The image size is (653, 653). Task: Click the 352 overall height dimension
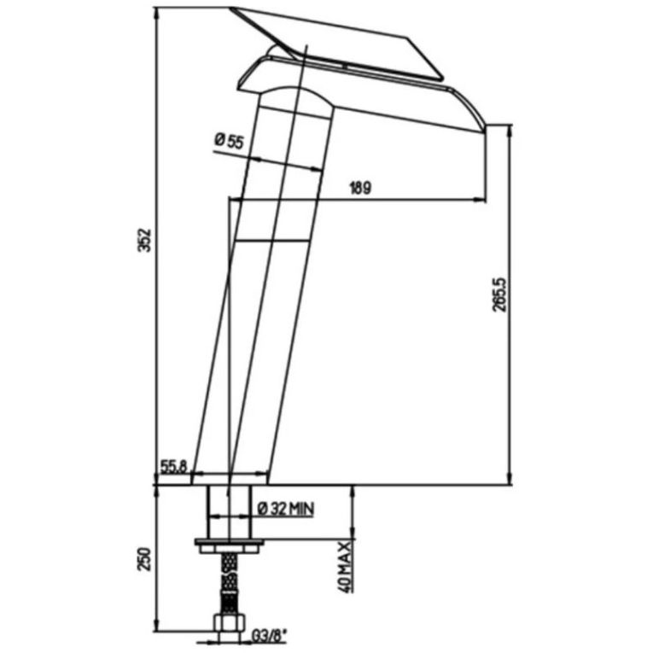(x=144, y=240)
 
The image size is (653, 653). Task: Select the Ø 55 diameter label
(x=229, y=141)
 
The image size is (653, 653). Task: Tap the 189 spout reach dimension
(x=360, y=188)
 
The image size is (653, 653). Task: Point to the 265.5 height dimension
(x=499, y=294)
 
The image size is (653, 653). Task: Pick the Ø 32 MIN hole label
(x=286, y=509)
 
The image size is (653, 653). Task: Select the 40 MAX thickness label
(x=345, y=567)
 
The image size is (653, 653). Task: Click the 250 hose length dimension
(x=143, y=560)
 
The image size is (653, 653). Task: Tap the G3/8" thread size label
(x=270, y=637)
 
